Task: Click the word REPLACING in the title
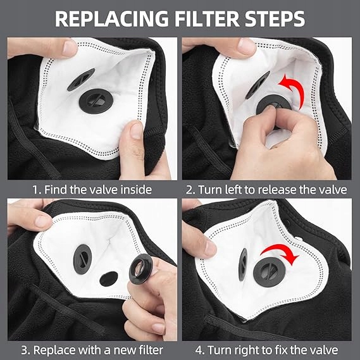[112, 19]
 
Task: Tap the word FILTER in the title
[208, 19]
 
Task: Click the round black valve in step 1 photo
[96, 101]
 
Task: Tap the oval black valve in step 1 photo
[81, 80]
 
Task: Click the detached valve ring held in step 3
[140, 269]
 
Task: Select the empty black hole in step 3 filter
[109, 279]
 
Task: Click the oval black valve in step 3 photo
[82, 259]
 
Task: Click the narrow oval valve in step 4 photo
[243, 264]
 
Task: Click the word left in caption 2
[233, 190]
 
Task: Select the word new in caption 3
[125, 350]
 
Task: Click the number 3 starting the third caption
[24, 350]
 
